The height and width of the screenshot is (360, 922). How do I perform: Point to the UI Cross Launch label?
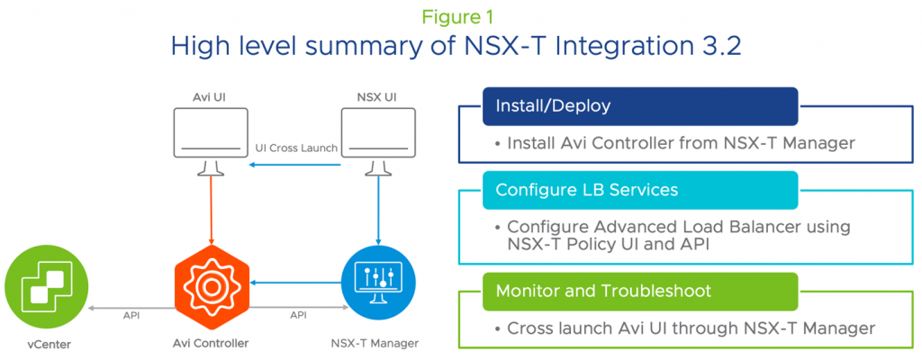pos(297,148)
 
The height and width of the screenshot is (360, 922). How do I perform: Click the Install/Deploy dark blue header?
pos(640,106)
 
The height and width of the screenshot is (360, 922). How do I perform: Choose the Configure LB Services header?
pos(640,190)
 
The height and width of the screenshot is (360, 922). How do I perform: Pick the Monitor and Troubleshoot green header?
pos(640,292)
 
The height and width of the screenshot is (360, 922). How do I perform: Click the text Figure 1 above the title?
pos(460,16)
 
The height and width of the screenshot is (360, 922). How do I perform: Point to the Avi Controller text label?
pos(211,343)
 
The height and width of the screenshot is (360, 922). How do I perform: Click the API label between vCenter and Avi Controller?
pos(131,314)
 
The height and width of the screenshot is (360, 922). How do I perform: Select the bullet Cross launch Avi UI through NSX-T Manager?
pos(684,328)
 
